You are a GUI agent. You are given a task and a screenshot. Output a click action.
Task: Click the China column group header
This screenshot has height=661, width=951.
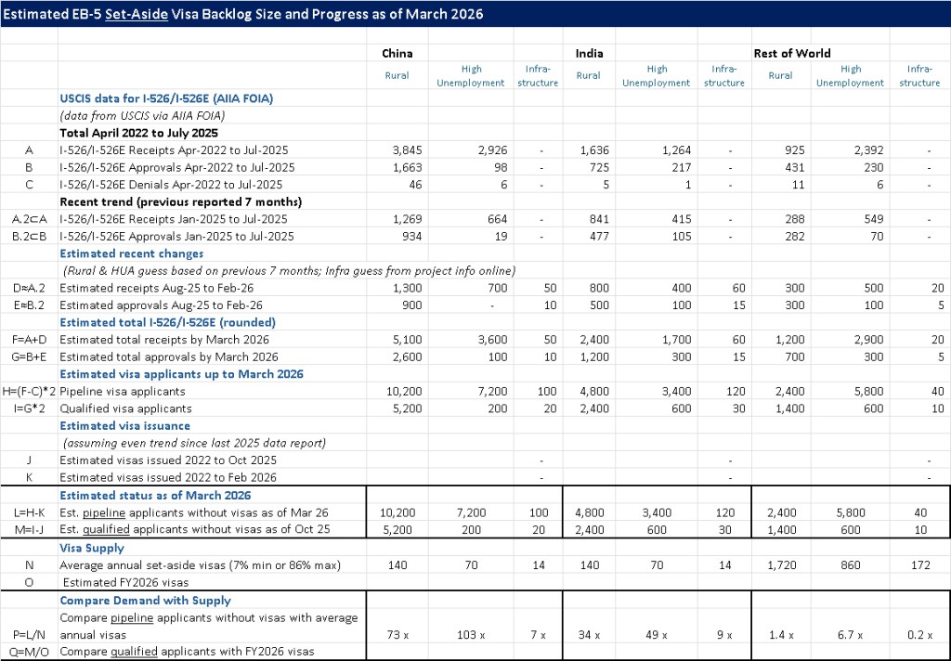point(397,53)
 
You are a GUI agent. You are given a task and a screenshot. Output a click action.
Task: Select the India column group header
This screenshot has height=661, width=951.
point(588,53)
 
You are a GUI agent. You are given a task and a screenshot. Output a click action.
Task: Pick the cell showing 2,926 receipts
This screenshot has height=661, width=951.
point(487,149)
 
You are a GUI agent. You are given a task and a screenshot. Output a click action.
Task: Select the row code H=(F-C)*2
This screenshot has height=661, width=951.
point(29,392)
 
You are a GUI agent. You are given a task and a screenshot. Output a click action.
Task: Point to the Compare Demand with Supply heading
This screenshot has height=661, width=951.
point(145,601)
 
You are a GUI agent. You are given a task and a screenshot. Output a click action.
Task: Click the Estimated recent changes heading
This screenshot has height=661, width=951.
point(131,253)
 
